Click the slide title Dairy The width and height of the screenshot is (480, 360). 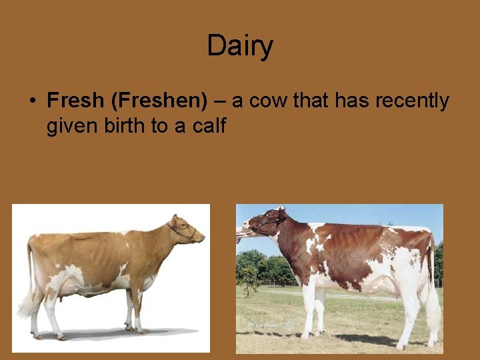coord(240,46)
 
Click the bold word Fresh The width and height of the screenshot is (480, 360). coord(75,101)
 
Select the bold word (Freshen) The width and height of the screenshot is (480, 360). coord(160,101)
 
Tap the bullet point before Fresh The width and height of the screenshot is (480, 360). coord(31,101)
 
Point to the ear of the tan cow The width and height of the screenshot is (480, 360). coord(175,219)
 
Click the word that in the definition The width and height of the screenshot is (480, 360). coord(311,101)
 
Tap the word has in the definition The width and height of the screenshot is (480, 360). coord(353,101)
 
